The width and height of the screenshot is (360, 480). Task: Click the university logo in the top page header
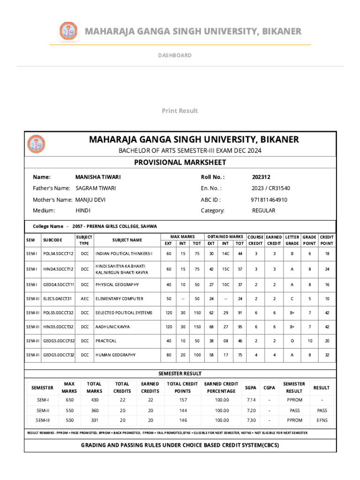(68, 31)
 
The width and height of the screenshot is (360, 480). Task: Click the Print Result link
(180, 111)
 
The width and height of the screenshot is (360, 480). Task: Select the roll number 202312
(261, 177)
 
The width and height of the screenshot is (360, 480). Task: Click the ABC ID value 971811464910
(269, 199)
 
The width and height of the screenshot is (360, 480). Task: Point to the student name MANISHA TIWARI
(98, 177)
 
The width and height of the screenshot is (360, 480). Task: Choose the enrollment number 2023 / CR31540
(270, 188)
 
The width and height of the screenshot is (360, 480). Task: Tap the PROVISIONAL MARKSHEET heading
(180, 162)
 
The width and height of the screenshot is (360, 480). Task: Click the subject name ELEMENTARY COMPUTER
(120, 299)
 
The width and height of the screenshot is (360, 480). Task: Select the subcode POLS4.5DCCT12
(59, 254)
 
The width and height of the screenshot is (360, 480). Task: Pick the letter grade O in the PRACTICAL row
(292, 341)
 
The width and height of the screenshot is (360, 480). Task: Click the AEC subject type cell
(84, 299)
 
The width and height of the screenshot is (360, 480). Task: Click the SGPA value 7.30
(251, 420)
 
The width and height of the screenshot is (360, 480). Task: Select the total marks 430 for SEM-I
(94, 400)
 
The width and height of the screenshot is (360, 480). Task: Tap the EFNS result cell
(322, 420)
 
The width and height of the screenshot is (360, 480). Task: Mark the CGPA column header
(269, 388)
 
